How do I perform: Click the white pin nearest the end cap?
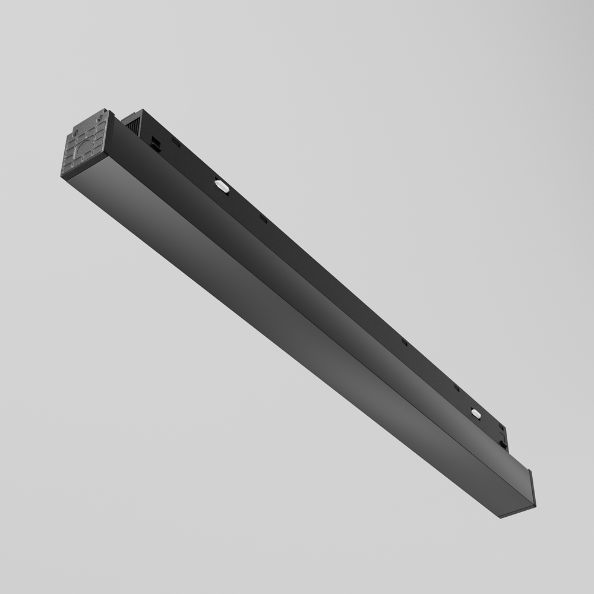(x=222, y=186)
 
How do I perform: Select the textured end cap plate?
(x=85, y=146)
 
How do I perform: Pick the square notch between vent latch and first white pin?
(x=176, y=143)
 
